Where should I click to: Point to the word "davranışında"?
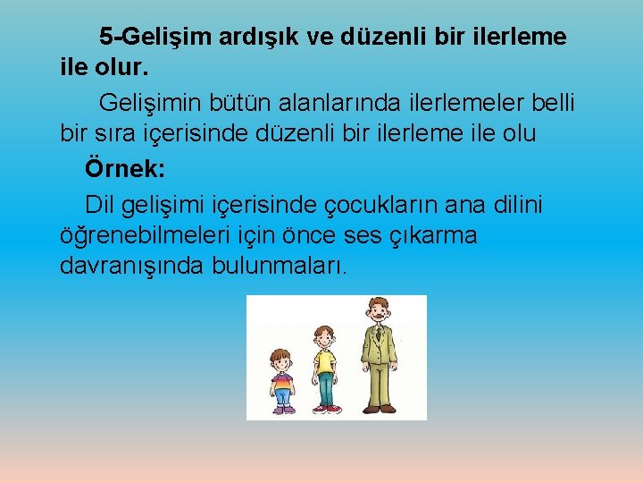coord(132,267)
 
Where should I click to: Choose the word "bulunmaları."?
coord(280,267)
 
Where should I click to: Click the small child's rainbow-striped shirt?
coord(282,382)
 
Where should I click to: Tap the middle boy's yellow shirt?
coord(325,360)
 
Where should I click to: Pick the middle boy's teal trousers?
coord(325,388)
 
